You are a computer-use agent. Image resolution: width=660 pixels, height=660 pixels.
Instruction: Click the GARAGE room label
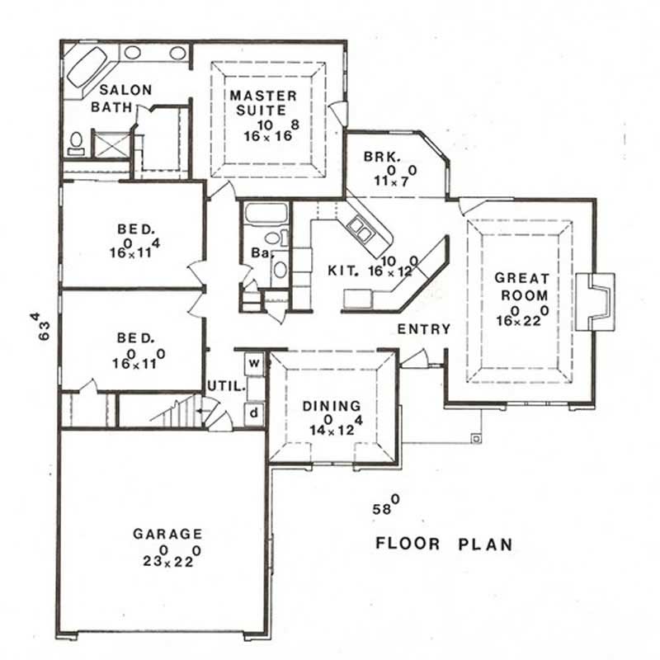[x=167, y=534]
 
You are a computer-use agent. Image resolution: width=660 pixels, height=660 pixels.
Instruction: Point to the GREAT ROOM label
[x=521, y=285]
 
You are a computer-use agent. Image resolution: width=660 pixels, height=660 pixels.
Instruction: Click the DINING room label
[x=331, y=406]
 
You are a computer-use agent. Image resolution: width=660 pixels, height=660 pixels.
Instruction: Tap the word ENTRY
[x=424, y=329]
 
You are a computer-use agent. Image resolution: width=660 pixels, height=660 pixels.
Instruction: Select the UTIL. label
[x=223, y=385]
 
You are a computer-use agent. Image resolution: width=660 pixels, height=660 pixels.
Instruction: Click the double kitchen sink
[x=361, y=228]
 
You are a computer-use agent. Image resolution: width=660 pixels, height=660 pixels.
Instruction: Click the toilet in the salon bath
[x=76, y=144]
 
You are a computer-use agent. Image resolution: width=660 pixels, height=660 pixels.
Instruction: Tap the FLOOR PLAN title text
[x=444, y=544]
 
